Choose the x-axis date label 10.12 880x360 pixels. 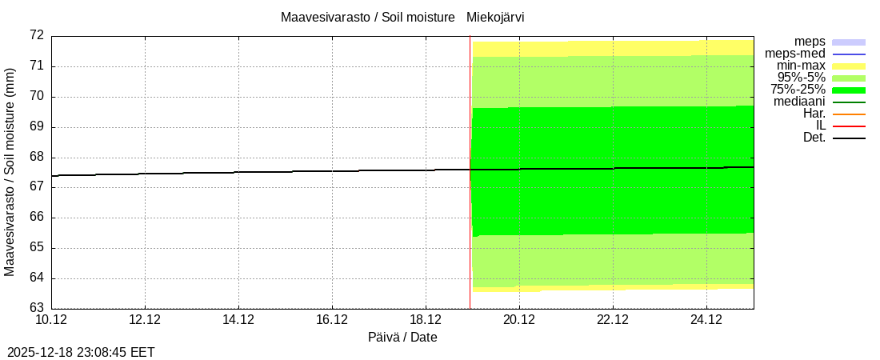pos(51,320)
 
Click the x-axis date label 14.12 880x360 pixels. pos(238,320)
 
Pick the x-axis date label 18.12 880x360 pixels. pos(426,320)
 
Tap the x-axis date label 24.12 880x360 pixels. pos(706,320)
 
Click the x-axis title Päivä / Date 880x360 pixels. pos(402,338)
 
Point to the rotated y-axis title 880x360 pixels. pos(10,171)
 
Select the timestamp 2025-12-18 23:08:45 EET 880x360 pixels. pos(81,352)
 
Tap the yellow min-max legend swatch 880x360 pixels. pos(849,66)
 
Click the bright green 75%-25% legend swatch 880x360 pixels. pos(849,90)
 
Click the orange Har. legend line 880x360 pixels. pos(849,114)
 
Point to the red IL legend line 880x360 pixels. pos(849,126)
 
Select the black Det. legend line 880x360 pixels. pos(849,138)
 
